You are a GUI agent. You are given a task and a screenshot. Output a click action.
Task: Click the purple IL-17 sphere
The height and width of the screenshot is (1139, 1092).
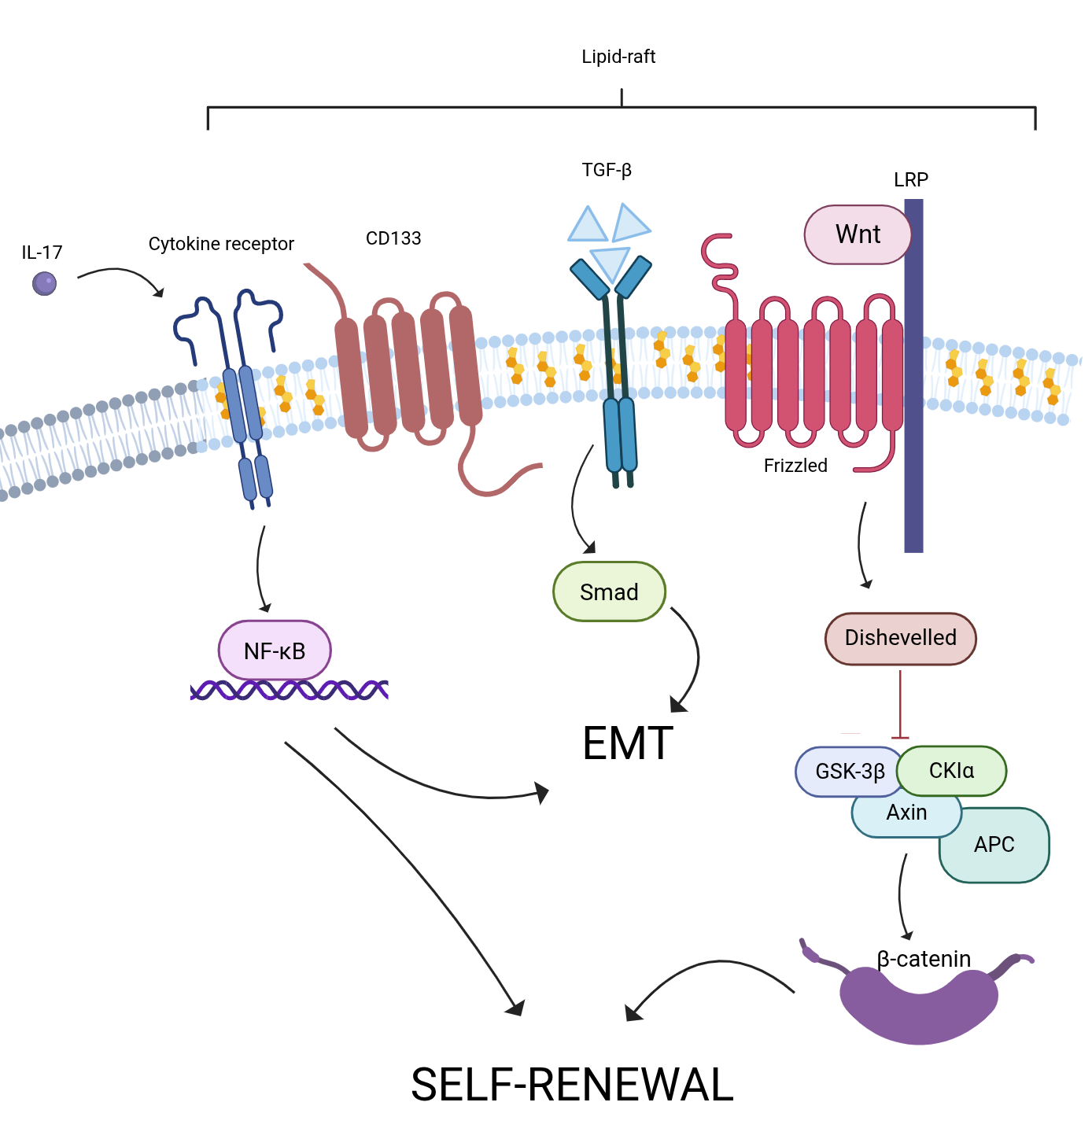45,283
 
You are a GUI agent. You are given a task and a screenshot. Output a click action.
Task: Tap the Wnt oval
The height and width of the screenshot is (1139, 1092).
858,234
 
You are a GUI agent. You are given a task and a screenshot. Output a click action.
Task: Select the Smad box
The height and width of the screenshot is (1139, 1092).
609,592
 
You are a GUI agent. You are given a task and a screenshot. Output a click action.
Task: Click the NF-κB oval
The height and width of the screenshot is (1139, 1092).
275,651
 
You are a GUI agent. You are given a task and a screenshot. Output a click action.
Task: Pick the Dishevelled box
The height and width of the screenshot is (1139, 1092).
900,638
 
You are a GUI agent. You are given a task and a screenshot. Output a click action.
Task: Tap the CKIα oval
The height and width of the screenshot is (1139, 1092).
952,770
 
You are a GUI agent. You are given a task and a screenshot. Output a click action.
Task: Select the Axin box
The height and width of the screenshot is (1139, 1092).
906,815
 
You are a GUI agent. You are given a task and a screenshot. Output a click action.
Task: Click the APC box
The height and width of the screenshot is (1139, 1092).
995,845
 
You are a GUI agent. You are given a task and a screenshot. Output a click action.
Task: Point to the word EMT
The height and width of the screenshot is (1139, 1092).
628,743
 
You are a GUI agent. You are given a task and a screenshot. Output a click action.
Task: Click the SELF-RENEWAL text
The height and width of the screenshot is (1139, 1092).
572,1085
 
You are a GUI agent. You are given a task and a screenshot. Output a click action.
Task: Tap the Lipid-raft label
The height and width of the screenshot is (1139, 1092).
618,57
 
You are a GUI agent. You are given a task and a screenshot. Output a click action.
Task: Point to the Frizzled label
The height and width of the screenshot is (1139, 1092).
795,466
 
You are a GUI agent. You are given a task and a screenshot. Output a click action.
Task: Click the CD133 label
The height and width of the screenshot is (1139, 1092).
393,238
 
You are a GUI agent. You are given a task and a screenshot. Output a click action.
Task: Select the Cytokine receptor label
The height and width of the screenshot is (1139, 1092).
221,244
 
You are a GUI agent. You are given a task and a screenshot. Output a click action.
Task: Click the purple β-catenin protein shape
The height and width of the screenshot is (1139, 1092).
919,1004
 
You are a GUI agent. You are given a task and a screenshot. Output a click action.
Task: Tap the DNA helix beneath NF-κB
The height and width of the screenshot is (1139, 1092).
290,691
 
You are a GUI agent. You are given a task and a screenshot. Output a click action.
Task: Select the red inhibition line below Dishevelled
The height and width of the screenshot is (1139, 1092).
900,704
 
